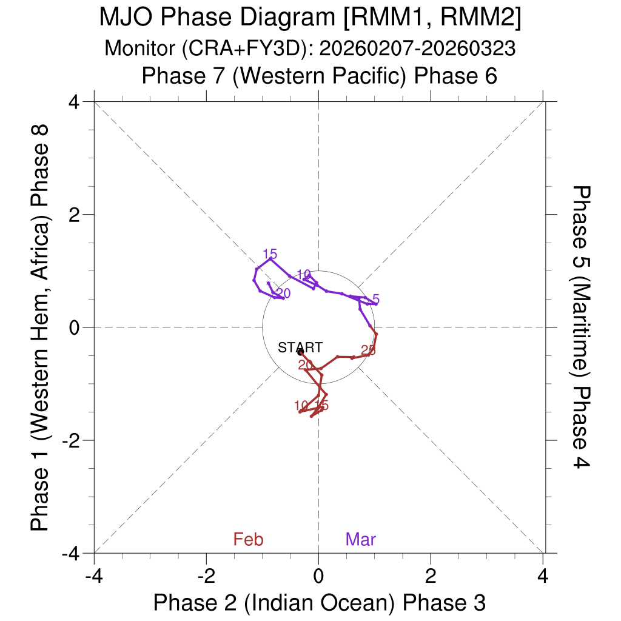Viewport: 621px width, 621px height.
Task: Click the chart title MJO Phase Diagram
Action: [x=310, y=18]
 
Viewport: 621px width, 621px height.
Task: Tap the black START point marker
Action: [x=300, y=352]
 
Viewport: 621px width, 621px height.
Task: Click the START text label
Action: [x=300, y=347]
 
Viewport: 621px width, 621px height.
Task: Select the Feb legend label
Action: [x=248, y=539]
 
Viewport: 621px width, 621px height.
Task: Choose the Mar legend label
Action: [x=361, y=539]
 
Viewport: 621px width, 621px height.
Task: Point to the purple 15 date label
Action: [x=270, y=254]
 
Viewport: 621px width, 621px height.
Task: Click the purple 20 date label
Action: [x=283, y=294]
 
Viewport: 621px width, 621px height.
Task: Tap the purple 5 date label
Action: [x=376, y=299]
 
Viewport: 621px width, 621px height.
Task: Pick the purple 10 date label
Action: [x=304, y=274]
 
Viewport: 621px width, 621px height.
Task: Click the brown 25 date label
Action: [x=368, y=350]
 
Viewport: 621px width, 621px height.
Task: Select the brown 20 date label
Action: [x=306, y=364]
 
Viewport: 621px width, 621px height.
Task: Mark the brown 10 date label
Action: [x=301, y=406]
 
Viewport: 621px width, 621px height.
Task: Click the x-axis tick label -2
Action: [x=206, y=573]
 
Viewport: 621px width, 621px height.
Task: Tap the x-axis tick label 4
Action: [x=543, y=573]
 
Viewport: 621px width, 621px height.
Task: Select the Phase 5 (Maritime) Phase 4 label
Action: [x=582, y=327]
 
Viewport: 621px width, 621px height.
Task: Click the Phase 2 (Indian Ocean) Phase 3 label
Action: [x=319, y=602]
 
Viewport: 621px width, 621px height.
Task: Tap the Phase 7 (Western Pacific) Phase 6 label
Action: [x=319, y=76]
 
